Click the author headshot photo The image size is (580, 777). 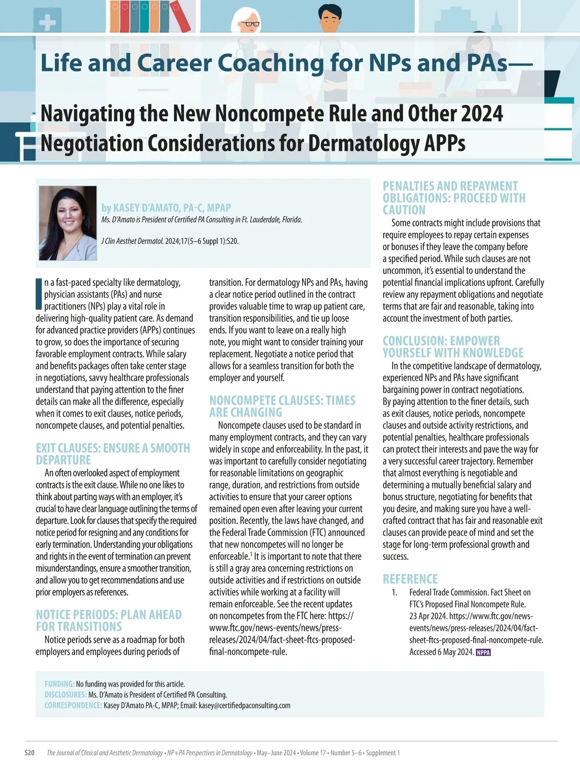(x=68, y=223)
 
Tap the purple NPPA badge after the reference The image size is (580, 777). (x=483, y=652)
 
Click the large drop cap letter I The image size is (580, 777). (x=39, y=294)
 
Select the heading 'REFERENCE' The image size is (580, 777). (x=410, y=579)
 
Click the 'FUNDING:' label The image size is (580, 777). (x=59, y=684)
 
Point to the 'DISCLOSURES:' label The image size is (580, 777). (x=66, y=695)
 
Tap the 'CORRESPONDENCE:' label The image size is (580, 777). (x=73, y=705)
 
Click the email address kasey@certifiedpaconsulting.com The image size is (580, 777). (x=245, y=705)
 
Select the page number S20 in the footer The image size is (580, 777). (x=29, y=753)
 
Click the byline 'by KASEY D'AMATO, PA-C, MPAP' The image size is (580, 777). (x=166, y=208)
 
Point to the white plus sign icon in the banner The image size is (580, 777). (x=47, y=22)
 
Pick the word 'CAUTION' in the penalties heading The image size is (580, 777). (x=404, y=210)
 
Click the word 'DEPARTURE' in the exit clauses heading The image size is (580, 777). (x=63, y=460)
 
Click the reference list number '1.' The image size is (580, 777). (x=394, y=593)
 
